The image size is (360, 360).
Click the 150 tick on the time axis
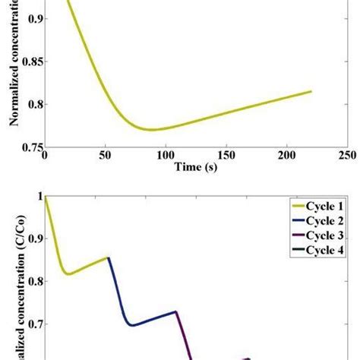point(226,154)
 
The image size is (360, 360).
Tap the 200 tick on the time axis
point(286,154)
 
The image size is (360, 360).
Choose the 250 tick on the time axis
point(346,154)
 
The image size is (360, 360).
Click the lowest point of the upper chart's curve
point(151,130)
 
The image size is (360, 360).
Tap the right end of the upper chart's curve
point(311,91)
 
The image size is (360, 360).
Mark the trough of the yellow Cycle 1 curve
point(68,274)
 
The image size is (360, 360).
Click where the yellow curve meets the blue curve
point(109,257)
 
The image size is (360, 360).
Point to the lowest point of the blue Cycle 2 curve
point(133,325)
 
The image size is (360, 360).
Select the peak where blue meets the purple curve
point(176,311)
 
